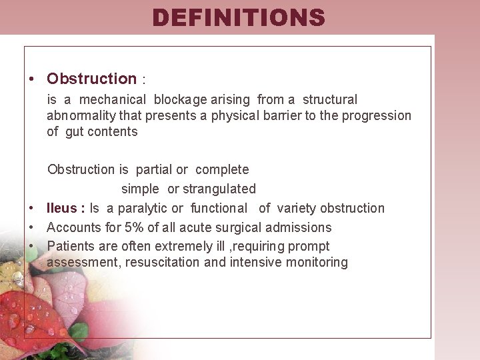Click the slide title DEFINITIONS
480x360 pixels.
click(239, 17)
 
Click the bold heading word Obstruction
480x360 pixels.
click(91, 79)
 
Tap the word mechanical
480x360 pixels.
click(113, 100)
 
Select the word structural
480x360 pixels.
click(330, 100)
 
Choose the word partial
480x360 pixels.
click(154, 170)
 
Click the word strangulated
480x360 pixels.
click(219, 189)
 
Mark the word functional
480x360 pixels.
click(219, 209)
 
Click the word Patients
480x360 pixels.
click(71, 247)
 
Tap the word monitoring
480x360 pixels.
click(317, 263)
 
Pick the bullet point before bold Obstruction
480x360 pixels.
click(31, 79)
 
